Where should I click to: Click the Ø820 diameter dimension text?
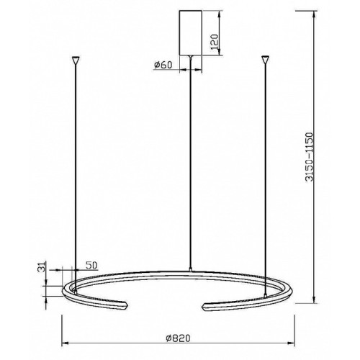pos(178,338)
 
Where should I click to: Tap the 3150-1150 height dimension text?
pos(309,156)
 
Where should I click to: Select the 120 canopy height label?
pos(215,42)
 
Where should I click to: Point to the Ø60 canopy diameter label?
pos(163,65)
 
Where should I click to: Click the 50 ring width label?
pos(91,265)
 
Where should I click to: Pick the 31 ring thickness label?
pos(41,267)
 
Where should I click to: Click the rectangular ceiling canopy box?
pos(191,33)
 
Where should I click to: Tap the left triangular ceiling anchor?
pos(76,60)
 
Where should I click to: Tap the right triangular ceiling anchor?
pos(265,60)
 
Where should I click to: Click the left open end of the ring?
pos(126,306)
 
